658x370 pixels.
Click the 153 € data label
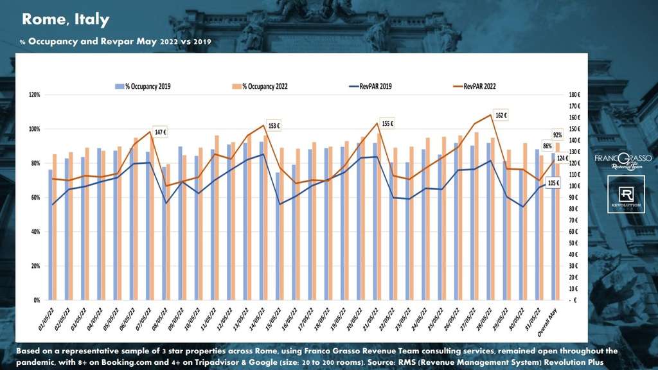coord(274,126)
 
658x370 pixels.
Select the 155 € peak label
coord(387,123)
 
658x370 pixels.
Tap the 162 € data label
coord(501,116)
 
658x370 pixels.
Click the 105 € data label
coord(553,183)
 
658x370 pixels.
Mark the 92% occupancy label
coord(558,135)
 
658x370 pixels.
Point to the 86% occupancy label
coord(547,146)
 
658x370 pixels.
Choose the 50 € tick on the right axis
coord(574,243)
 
